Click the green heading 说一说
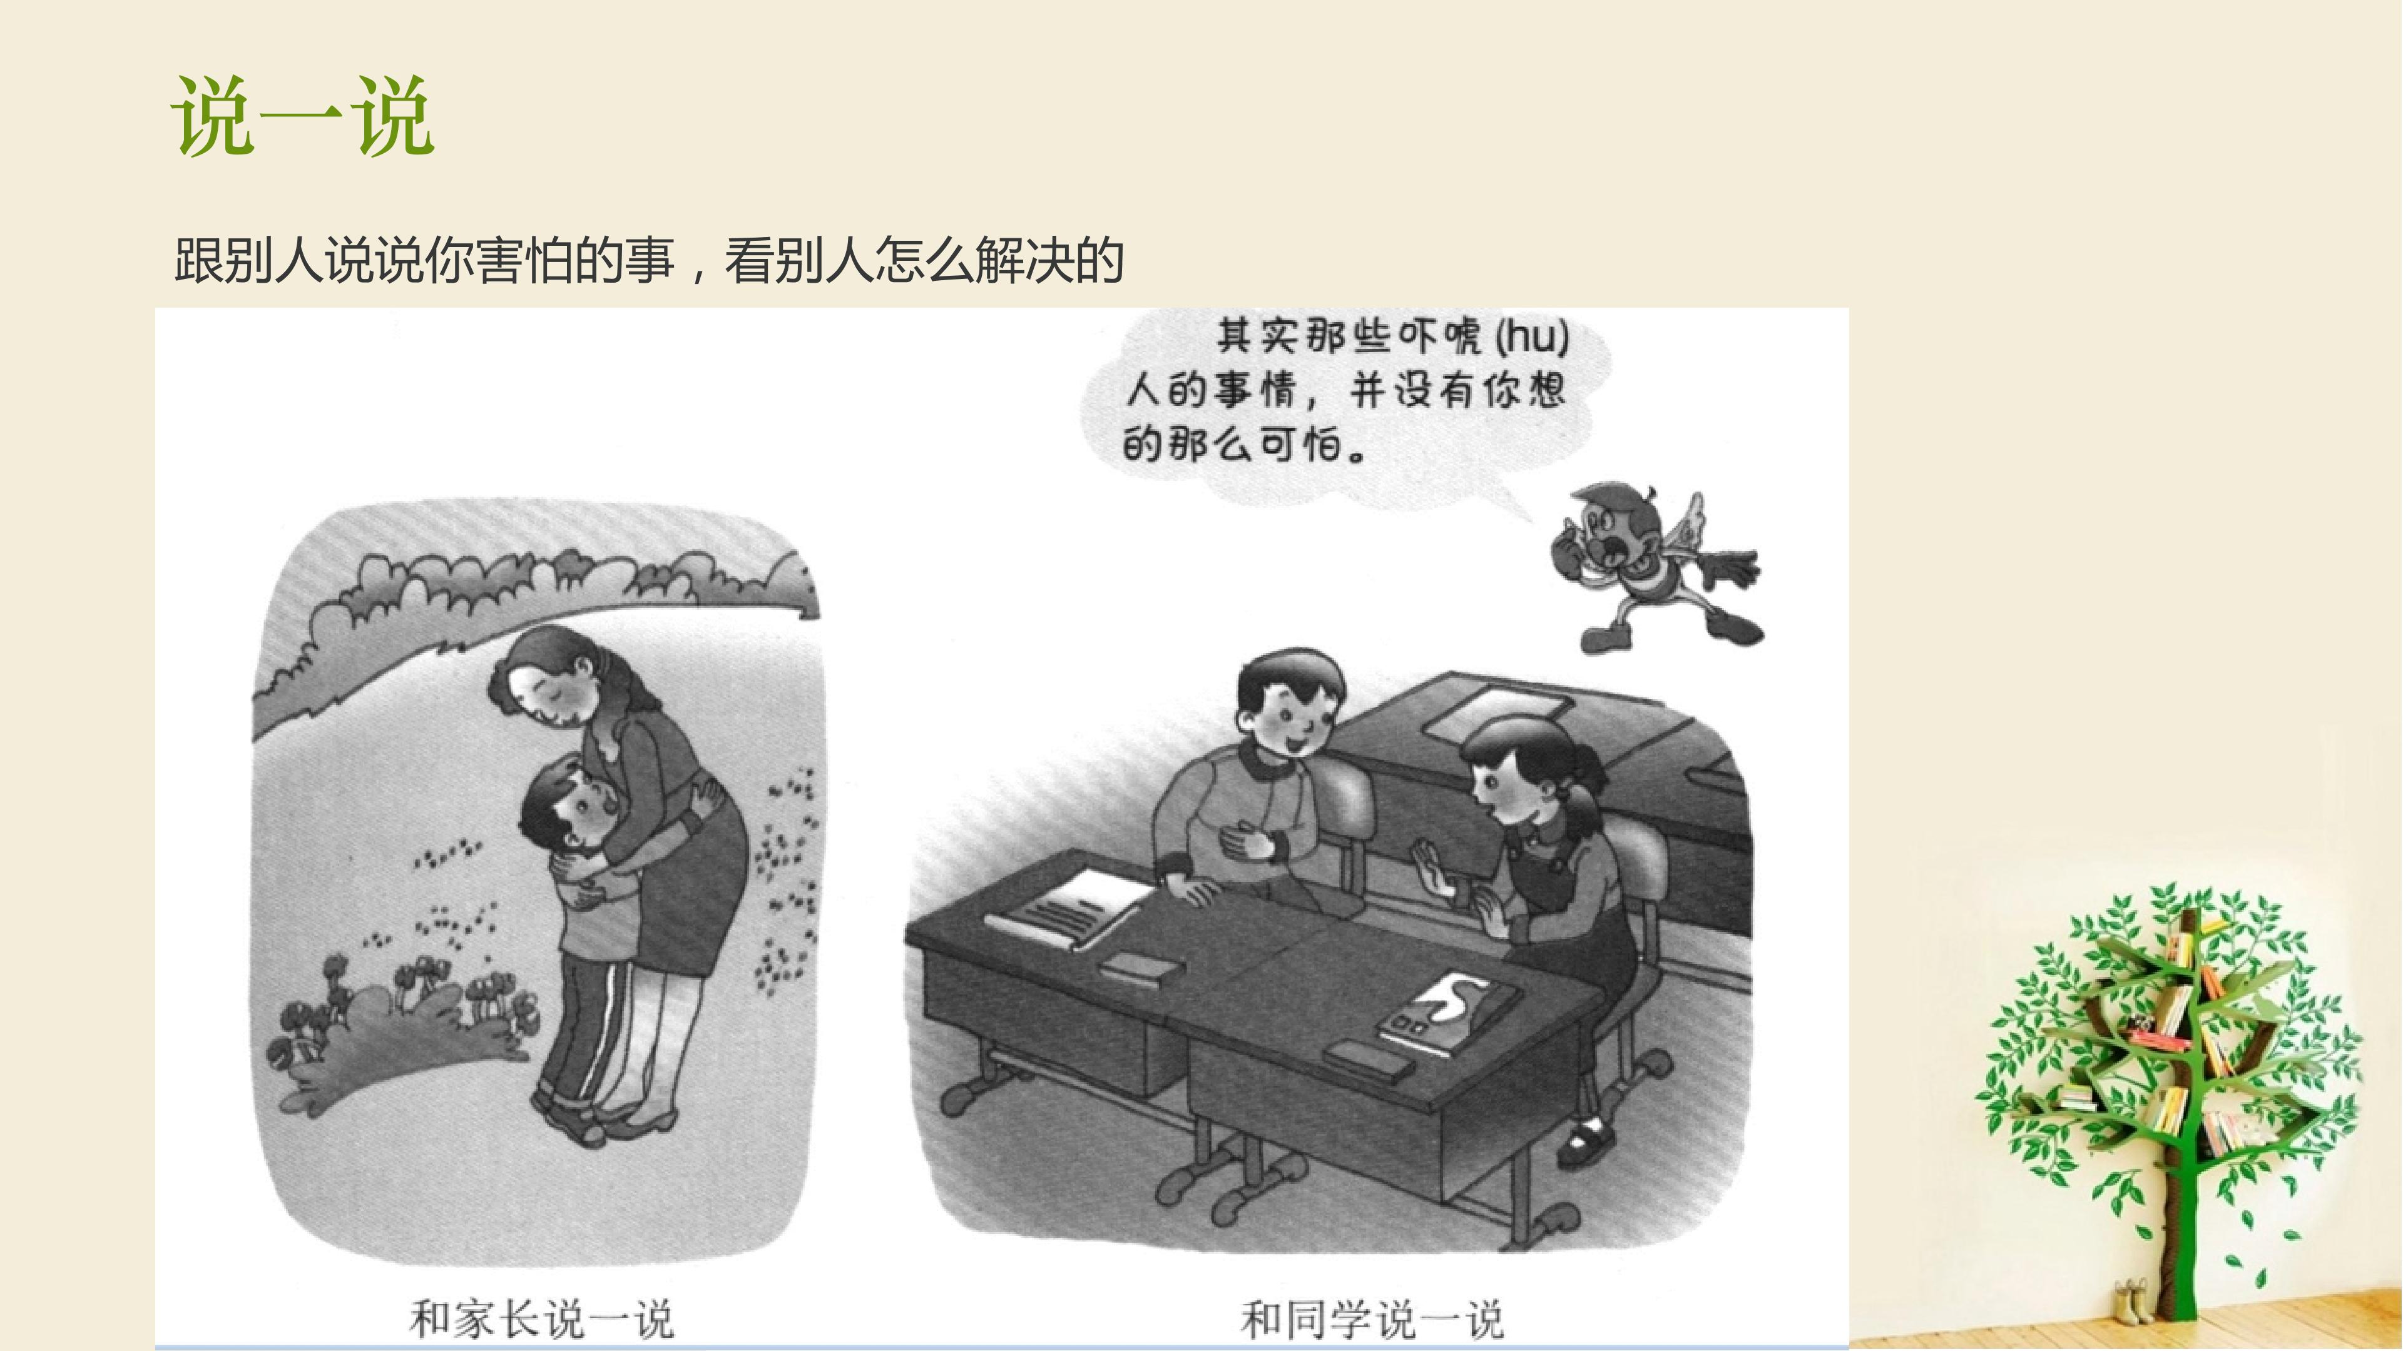(303, 116)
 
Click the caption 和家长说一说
(541, 1318)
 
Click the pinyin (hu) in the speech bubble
(1533, 336)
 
